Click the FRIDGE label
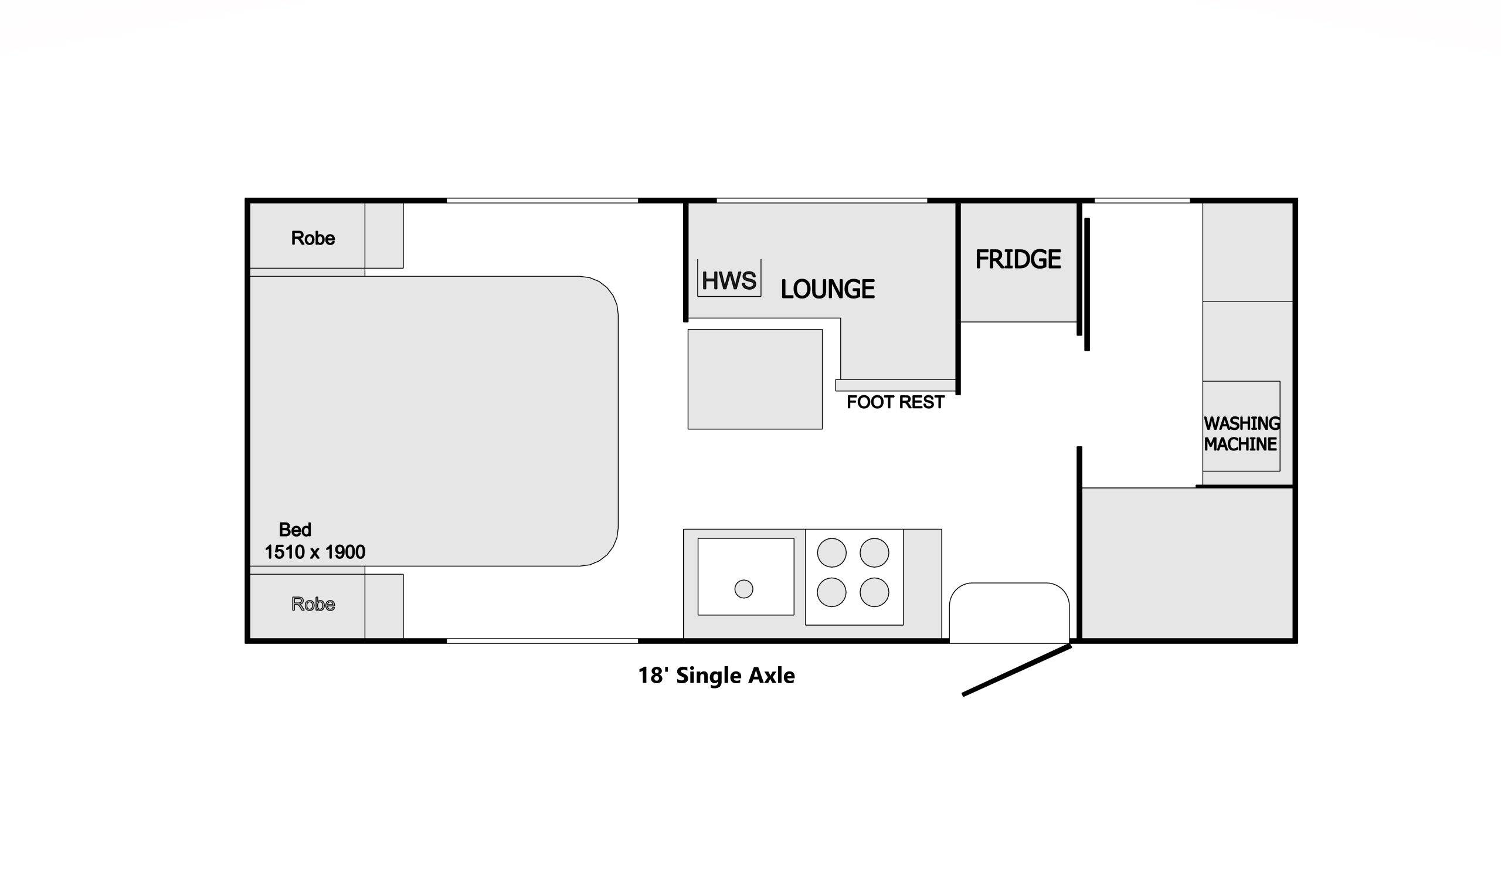coord(1018,259)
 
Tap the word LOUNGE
coord(827,289)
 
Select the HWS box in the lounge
coord(729,279)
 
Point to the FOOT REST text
coord(895,402)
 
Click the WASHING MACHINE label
coord(1242,433)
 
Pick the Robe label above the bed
coord(313,238)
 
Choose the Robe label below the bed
coord(313,604)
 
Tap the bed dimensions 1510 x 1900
coord(314,552)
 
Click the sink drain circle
coord(744,589)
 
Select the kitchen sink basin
coord(746,577)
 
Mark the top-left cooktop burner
coord(831,552)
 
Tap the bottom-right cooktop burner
coord(874,592)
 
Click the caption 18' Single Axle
coord(716,675)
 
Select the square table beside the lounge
coord(755,379)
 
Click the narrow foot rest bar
coord(895,385)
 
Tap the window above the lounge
coord(821,200)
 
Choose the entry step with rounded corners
coord(1009,613)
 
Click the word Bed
coord(295,530)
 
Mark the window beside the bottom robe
coord(542,641)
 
